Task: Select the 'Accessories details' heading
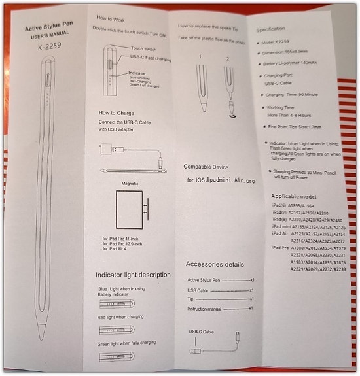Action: point(215,264)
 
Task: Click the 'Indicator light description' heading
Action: point(133,274)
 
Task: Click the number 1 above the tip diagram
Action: point(200,57)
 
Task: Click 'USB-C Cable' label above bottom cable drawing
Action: point(202,332)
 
